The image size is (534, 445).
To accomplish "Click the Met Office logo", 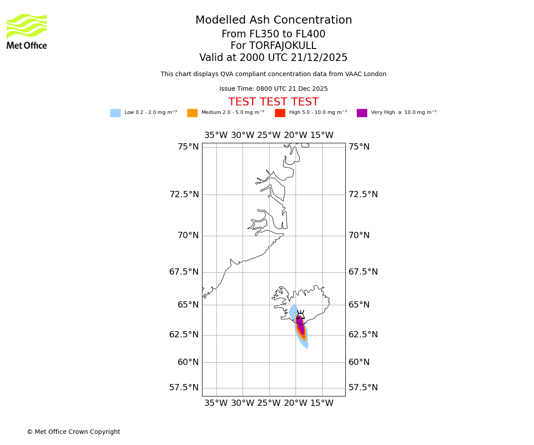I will point(27,31).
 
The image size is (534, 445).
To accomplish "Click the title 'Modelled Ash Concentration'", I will point(274,20).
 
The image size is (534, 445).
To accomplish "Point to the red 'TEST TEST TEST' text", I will point(273,102).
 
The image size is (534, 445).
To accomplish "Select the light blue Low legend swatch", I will point(115,113).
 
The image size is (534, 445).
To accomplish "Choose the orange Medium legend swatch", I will point(192,113).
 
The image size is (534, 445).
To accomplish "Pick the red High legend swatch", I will point(280,113).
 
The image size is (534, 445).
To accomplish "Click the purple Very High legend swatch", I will point(362,113).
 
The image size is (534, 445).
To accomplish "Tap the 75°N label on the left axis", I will point(188,147).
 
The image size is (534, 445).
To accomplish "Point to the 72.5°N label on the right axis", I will point(363,194).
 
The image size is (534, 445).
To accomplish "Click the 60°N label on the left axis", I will point(188,362).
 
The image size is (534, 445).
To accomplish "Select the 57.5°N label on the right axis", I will point(363,388).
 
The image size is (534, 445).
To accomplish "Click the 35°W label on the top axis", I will point(216,135).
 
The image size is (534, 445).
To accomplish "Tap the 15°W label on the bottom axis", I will point(322,404).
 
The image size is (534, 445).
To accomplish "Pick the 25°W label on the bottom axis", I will point(269,404).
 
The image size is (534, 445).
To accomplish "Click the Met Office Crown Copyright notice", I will point(73,432).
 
